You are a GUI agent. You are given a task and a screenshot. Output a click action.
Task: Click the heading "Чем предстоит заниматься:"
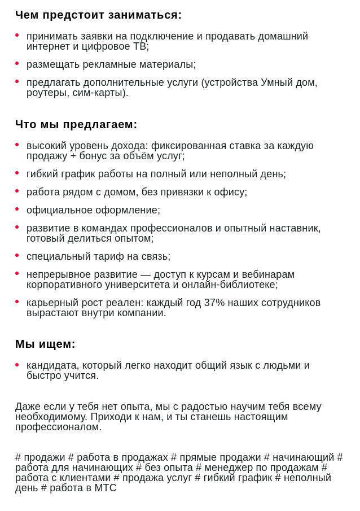(98, 15)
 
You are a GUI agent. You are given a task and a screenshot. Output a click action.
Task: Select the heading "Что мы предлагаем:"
(76, 125)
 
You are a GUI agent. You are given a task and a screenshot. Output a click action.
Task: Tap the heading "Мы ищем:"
(45, 344)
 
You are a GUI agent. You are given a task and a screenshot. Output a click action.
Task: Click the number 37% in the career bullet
(214, 303)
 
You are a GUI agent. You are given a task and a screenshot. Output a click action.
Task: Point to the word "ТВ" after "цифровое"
(139, 46)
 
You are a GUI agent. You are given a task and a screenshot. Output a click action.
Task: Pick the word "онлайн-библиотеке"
(230, 285)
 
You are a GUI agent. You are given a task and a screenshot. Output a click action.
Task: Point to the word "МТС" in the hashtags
(105, 488)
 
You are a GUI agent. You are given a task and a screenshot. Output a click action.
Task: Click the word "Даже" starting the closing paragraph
(28, 407)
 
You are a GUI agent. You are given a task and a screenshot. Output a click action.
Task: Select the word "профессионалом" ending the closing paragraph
(58, 427)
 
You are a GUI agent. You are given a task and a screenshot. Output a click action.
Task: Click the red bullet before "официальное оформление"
(17, 209)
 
